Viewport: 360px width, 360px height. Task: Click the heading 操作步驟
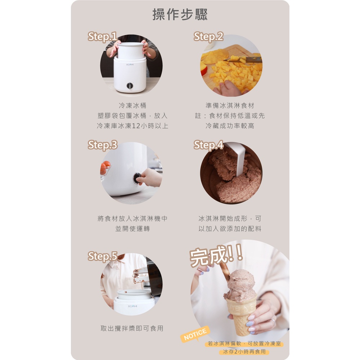(180, 14)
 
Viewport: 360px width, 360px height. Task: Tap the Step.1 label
(102, 37)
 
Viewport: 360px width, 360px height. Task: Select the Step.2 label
(208, 37)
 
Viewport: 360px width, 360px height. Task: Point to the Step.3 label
(102, 145)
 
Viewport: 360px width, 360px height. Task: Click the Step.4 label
(208, 145)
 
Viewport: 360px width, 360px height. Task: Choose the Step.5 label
(102, 256)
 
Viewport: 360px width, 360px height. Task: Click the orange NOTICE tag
(195, 334)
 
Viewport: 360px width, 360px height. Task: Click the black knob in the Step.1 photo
(130, 86)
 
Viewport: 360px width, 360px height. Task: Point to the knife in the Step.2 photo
(242, 60)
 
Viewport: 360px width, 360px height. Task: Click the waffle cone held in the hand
(241, 315)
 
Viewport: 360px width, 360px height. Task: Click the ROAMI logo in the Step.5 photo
(132, 306)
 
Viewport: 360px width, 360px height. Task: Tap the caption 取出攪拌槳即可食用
(132, 328)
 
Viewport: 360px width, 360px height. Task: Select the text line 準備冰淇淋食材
(230, 105)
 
